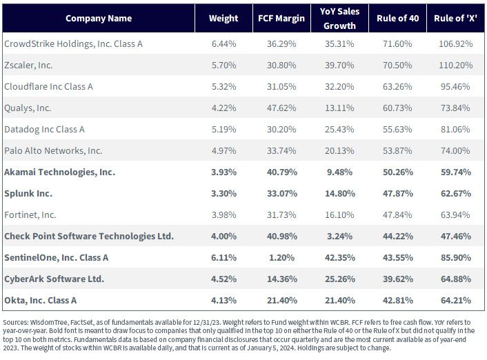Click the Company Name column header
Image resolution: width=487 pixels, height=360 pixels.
point(99,19)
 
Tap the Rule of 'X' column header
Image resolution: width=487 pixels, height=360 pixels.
point(455,19)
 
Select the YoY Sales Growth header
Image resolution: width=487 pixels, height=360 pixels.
point(339,19)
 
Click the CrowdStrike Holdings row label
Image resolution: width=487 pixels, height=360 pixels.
point(73,44)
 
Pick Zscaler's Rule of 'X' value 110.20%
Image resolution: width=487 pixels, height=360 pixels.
point(456,66)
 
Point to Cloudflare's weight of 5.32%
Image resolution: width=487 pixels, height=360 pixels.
point(223,87)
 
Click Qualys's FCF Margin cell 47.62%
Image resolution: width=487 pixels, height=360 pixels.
point(281,108)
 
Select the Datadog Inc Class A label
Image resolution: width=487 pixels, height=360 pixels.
point(44,130)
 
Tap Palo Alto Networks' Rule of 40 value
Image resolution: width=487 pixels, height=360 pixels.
point(397,150)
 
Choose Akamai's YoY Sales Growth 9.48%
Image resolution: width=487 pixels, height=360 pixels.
point(339,172)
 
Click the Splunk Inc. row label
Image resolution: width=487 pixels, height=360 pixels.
point(28,194)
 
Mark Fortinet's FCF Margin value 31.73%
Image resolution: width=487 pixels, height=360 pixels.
point(281,215)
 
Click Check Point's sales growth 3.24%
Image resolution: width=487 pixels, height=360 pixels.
point(339,237)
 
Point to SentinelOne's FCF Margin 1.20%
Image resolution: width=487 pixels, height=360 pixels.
point(281,258)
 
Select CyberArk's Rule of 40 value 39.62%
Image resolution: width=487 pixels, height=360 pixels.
point(398,279)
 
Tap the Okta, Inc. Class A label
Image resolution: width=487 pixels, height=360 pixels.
point(41,301)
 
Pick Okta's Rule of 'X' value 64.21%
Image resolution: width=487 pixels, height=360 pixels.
point(456,301)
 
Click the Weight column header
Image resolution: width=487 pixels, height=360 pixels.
point(223,19)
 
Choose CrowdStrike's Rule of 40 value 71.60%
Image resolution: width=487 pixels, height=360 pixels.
point(397,44)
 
